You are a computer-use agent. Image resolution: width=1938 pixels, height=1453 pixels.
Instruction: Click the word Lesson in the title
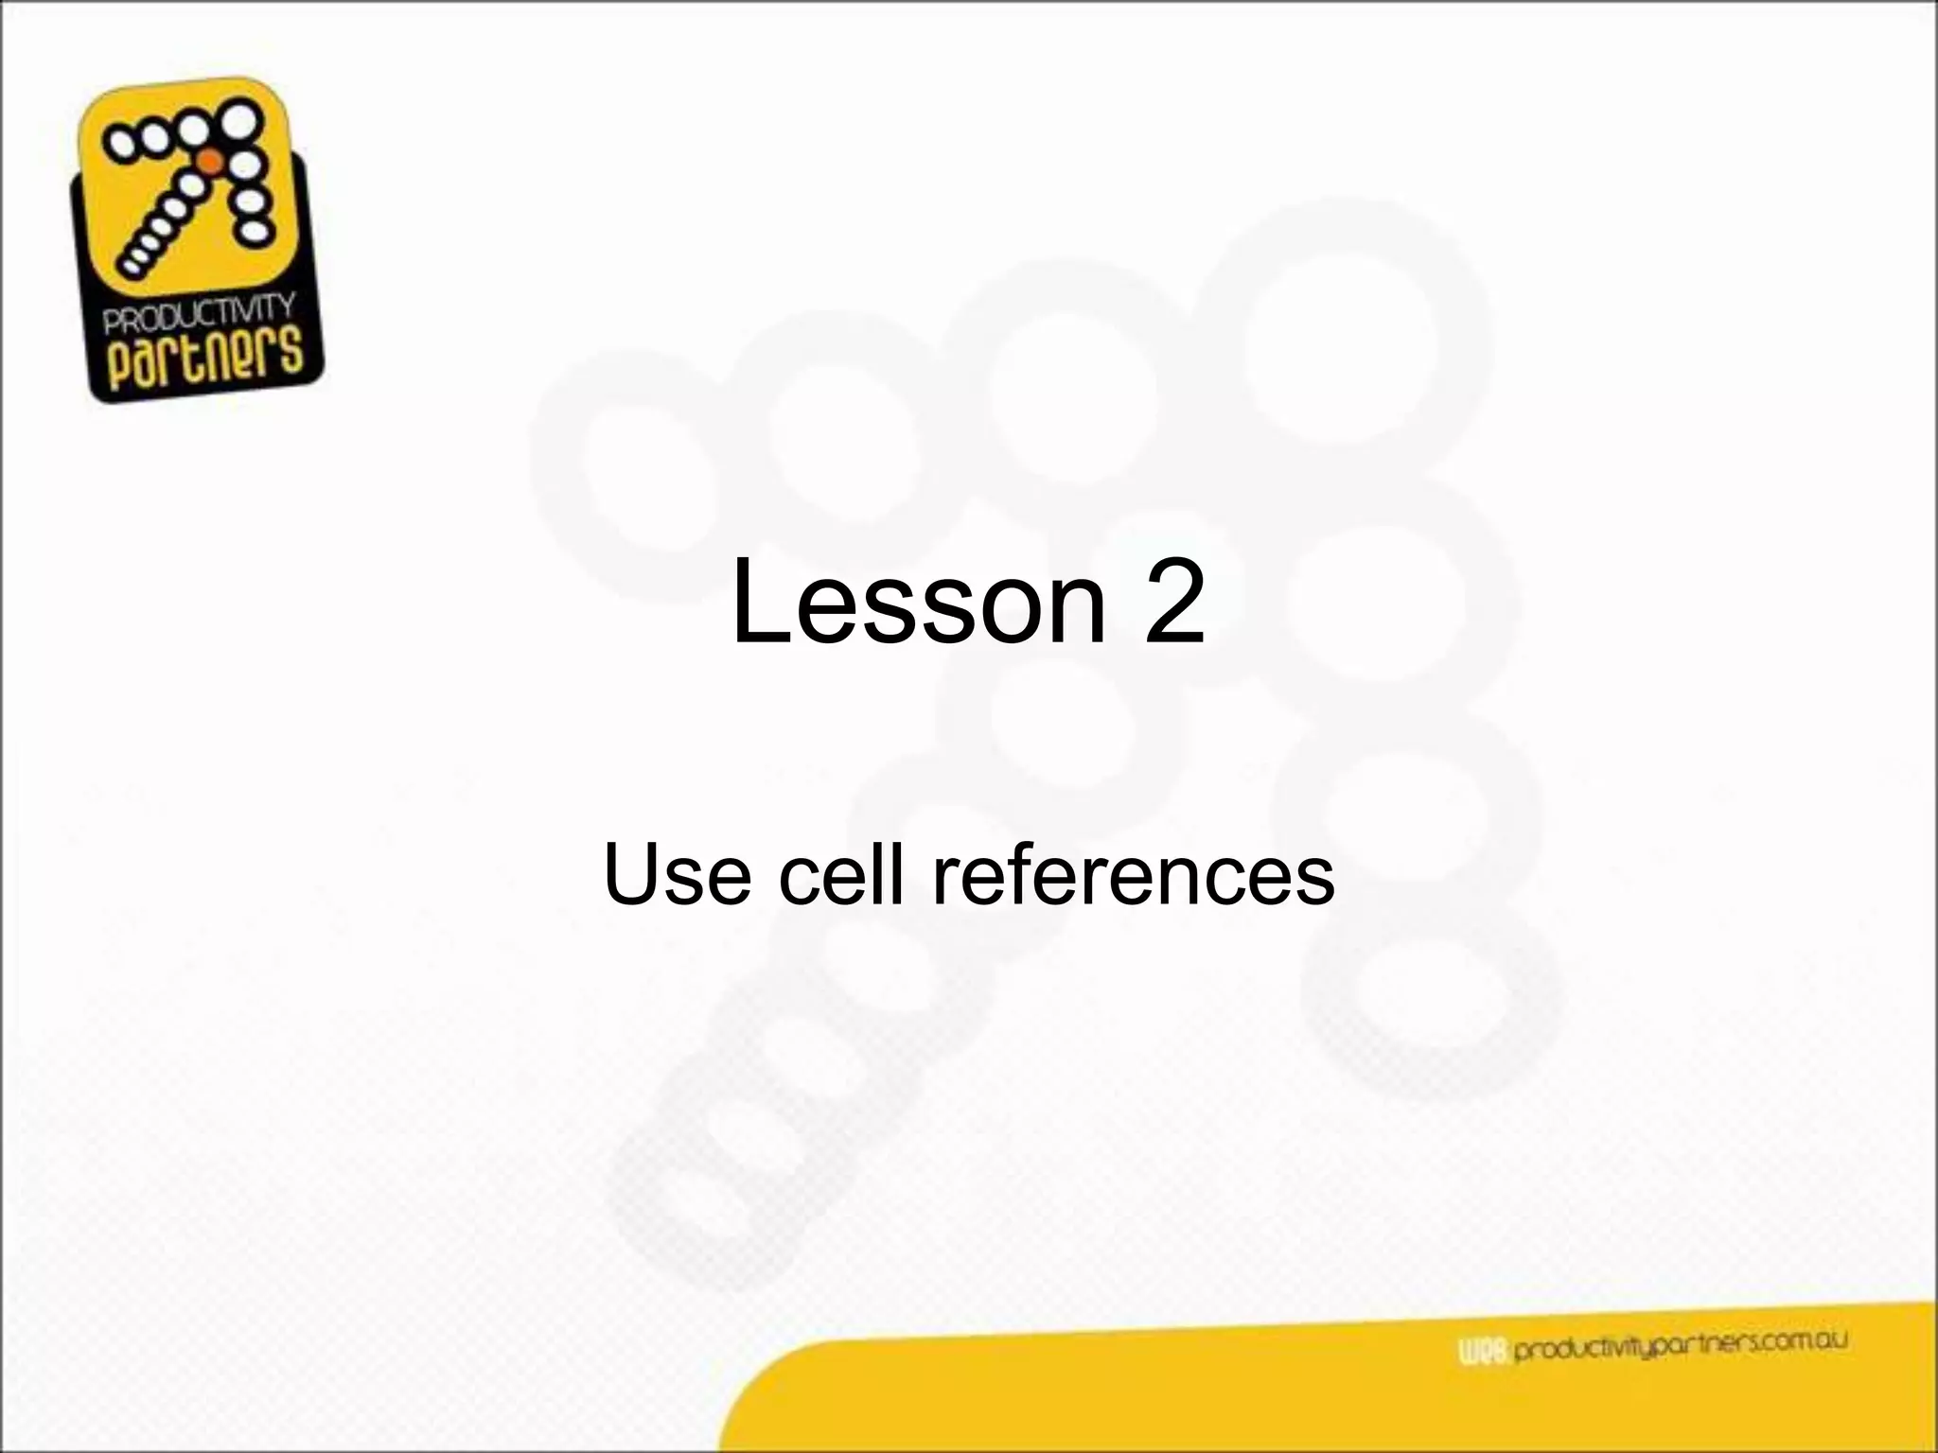point(917,603)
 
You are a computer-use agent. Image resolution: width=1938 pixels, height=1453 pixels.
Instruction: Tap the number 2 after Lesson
point(1173,603)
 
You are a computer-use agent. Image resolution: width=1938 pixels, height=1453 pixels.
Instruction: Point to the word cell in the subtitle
point(843,875)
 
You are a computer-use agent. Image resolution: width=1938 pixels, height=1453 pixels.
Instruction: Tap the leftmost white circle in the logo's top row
point(122,144)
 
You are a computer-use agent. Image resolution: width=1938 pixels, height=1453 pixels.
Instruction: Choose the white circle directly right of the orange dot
point(245,166)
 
